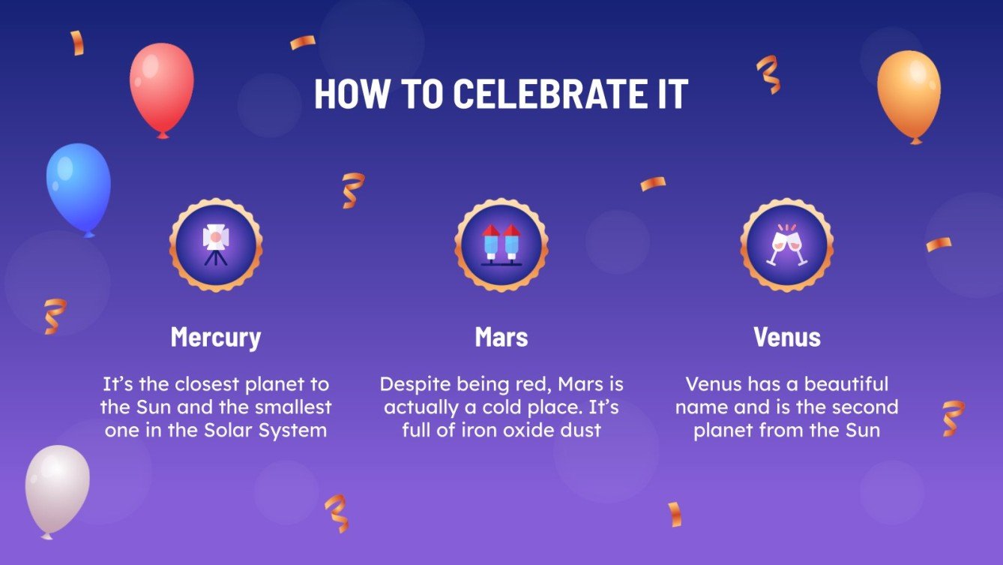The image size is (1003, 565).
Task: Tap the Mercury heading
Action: point(216,337)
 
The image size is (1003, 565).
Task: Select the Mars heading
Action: point(501,337)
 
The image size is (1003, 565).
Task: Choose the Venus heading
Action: point(787,337)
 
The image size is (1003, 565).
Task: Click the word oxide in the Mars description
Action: point(528,431)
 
